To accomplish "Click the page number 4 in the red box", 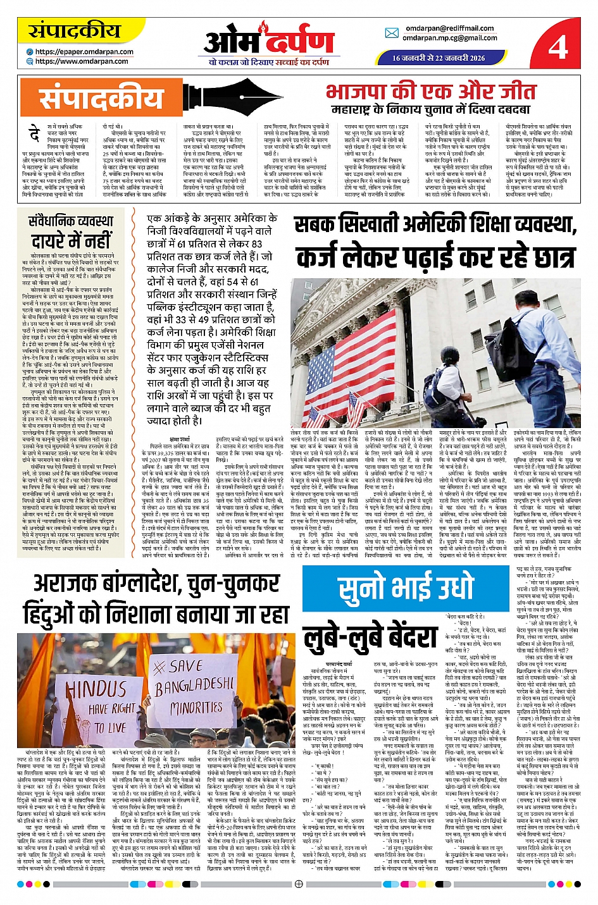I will point(558,46).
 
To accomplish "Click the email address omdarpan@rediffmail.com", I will point(449,28).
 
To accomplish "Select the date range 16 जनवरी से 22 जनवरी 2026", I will point(438,58).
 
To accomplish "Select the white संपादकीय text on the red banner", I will point(101,99).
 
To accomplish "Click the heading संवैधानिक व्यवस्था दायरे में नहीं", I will point(71,231).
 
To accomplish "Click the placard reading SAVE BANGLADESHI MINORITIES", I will point(195,689).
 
